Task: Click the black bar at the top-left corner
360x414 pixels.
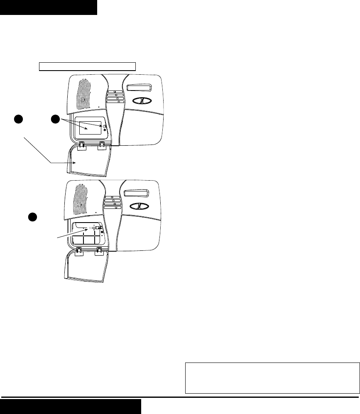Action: pos(48,7)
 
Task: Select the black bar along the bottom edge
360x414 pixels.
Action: pos(71,407)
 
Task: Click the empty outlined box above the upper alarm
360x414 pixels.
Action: pos(88,66)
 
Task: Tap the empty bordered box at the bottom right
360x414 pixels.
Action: pos(272,377)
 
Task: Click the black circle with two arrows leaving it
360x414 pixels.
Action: pos(56,119)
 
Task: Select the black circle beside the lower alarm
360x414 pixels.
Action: pos(33,217)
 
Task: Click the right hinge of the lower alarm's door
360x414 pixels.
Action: pos(100,251)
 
